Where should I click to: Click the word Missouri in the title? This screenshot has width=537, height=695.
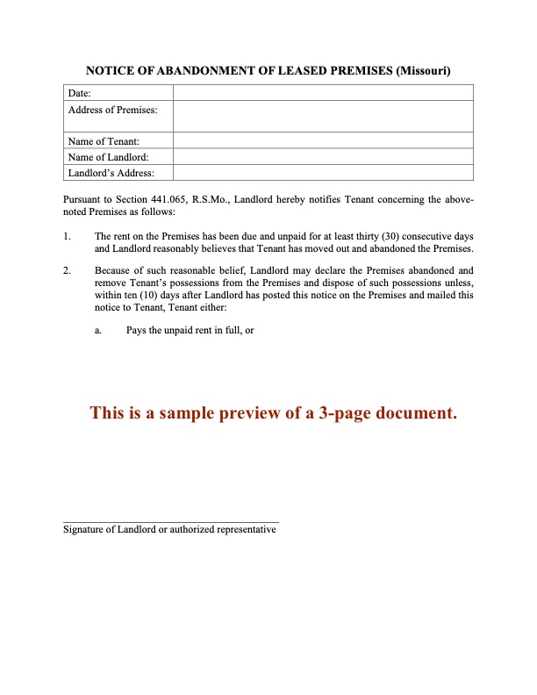tap(424, 70)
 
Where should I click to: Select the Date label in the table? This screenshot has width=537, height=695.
tap(80, 93)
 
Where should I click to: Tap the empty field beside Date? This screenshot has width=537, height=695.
tap(323, 93)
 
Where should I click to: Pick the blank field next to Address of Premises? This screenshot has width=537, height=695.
tap(323, 116)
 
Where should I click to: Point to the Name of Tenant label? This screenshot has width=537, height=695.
tap(104, 140)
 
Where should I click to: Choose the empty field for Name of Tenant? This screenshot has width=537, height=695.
tap(323, 140)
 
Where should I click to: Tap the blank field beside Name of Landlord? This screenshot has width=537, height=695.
tap(323, 156)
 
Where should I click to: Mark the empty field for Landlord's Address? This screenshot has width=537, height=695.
tap(323, 172)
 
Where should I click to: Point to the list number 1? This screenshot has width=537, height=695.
tap(67, 237)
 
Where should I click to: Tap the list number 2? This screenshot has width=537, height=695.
tap(67, 270)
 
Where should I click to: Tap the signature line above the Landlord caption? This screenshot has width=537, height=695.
tap(171, 522)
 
